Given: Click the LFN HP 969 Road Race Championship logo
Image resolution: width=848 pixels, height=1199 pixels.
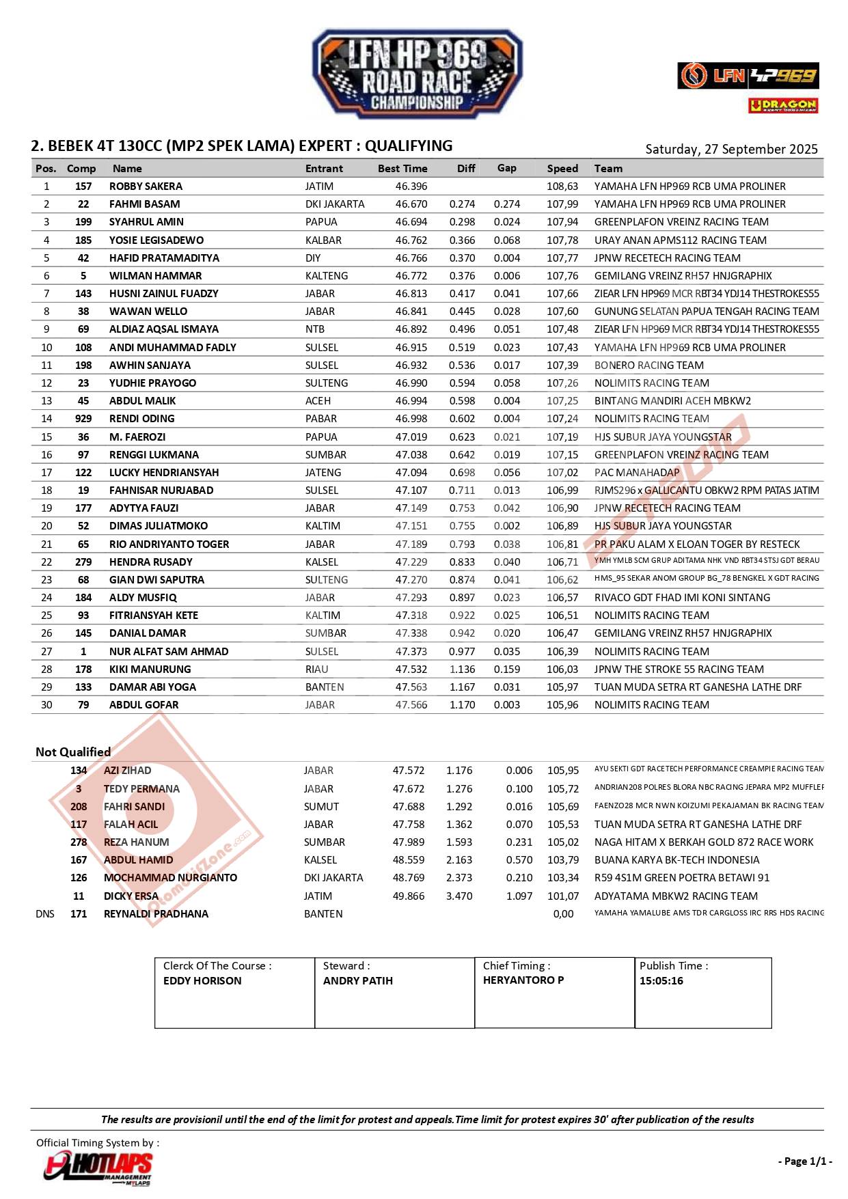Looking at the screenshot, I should [x=417, y=74].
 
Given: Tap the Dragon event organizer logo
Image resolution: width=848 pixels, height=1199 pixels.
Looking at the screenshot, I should [x=783, y=105].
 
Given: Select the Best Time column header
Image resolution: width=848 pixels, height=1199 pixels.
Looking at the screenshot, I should [x=402, y=169].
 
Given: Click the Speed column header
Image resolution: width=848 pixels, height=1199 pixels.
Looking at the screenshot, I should [x=562, y=169].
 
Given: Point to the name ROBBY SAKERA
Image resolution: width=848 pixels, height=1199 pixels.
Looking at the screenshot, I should [x=146, y=187].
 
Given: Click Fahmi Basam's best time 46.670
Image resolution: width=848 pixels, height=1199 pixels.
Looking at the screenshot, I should [x=411, y=204].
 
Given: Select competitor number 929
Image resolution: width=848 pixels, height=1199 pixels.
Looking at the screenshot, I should [x=83, y=419].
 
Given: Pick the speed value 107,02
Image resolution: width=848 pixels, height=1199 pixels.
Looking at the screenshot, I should [x=562, y=473].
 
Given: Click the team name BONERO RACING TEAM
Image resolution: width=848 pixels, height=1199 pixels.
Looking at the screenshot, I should [x=648, y=366].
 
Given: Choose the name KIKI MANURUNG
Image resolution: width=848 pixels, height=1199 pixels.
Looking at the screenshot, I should [x=150, y=670].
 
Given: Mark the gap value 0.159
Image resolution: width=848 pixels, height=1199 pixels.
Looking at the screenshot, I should [x=507, y=670].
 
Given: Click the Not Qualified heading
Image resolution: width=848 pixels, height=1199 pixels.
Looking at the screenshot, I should [x=73, y=752].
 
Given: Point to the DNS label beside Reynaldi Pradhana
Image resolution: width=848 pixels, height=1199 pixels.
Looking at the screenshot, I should [x=45, y=914].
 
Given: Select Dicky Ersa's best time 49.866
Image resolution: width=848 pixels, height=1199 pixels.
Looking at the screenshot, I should [x=409, y=896].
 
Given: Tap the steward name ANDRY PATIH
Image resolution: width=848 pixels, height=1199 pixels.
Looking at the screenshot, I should [x=358, y=981].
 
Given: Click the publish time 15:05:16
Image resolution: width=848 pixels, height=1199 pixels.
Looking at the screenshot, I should [x=661, y=981].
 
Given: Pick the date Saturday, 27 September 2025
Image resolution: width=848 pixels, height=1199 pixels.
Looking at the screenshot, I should [x=731, y=150].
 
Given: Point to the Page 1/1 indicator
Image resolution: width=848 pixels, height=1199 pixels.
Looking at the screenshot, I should [x=805, y=1161].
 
